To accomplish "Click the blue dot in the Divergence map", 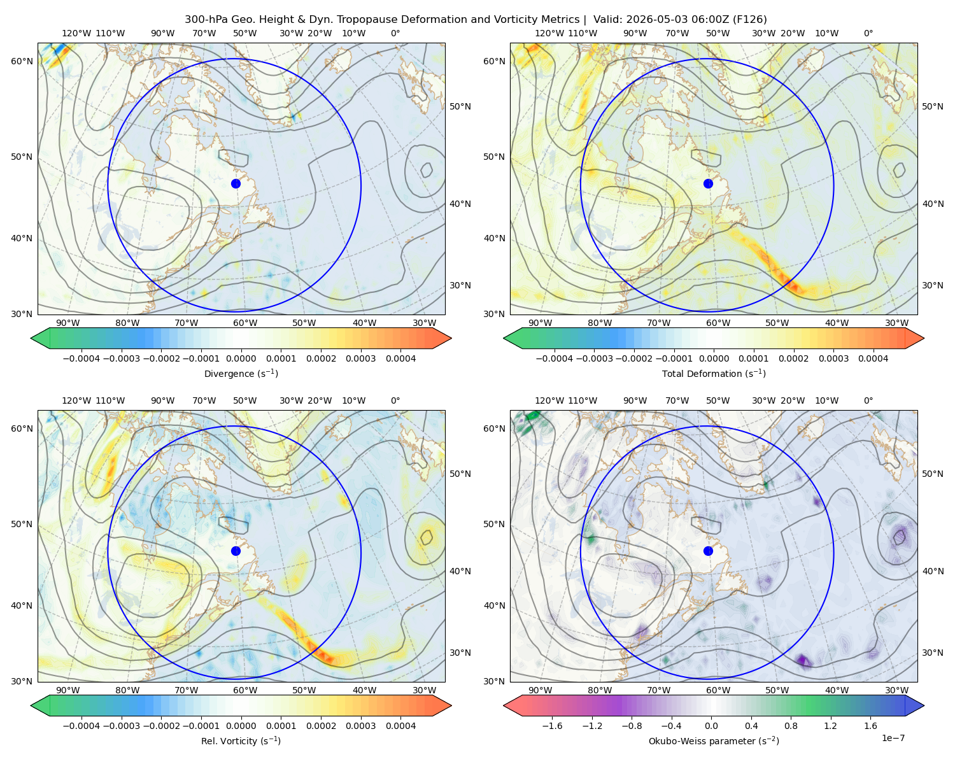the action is click(x=236, y=183).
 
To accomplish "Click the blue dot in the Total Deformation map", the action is click(x=708, y=183).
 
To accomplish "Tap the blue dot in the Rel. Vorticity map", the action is click(x=236, y=551).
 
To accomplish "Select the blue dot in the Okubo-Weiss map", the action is click(x=708, y=551).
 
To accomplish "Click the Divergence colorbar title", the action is click(x=241, y=373).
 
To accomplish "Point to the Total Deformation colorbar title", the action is click(x=714, y=373).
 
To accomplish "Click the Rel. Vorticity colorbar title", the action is click(x=241, y=740).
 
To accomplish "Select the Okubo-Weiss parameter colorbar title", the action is click(x=714, y=740).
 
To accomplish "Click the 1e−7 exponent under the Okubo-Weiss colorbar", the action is click(x=893, y=738).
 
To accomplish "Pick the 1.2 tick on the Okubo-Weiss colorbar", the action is click(x=830, y=725).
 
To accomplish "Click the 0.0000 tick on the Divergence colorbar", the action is click(x=241, y=358).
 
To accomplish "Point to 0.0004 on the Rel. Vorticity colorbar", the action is click(x=400, y=725).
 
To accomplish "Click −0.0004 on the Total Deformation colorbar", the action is click(x=555, y=358).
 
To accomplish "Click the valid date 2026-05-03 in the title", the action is click(x=654, y=19).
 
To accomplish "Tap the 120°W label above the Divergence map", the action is click(x=76, y=33).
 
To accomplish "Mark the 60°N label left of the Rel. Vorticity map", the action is click(x=22, y=428).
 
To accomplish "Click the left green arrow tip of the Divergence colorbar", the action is click(x=31, y=338).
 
